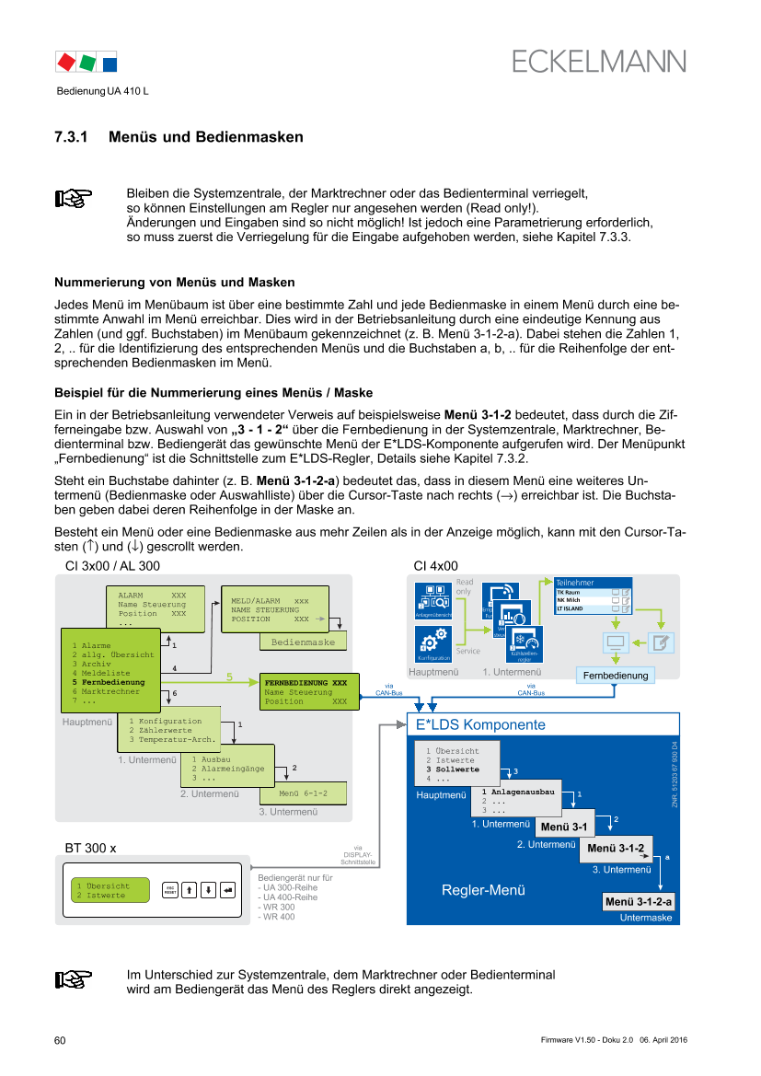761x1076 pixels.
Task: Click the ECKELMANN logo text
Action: [x=599, y=62]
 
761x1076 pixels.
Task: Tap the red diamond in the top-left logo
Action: [x=65, y=63]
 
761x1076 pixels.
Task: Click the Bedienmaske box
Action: [x=304, y=642]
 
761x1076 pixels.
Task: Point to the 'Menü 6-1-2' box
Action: [x=303, y=793]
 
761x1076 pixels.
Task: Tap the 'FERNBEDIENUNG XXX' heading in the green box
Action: [x=306, y=683]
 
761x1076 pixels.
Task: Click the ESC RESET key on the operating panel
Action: [x=170, y=890]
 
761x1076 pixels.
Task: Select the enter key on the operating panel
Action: [x=229, y=890]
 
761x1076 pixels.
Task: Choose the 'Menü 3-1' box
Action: [x=566, y=827]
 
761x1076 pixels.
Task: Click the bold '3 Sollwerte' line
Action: [x=453, y=769]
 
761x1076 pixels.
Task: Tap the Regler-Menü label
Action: [x=483, y=890]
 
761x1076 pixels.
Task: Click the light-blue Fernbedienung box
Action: [x=615, y=675]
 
